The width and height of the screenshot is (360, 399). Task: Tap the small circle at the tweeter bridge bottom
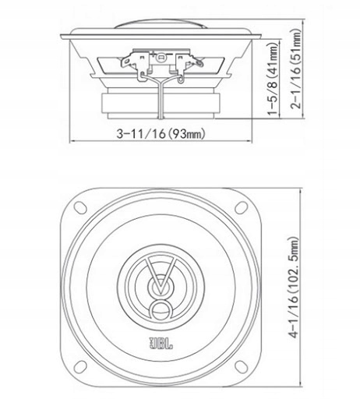(x=161, y=313)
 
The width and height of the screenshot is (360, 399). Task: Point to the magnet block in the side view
(x=161, y=104)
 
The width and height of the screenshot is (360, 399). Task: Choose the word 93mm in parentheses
(x=189, y=133)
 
